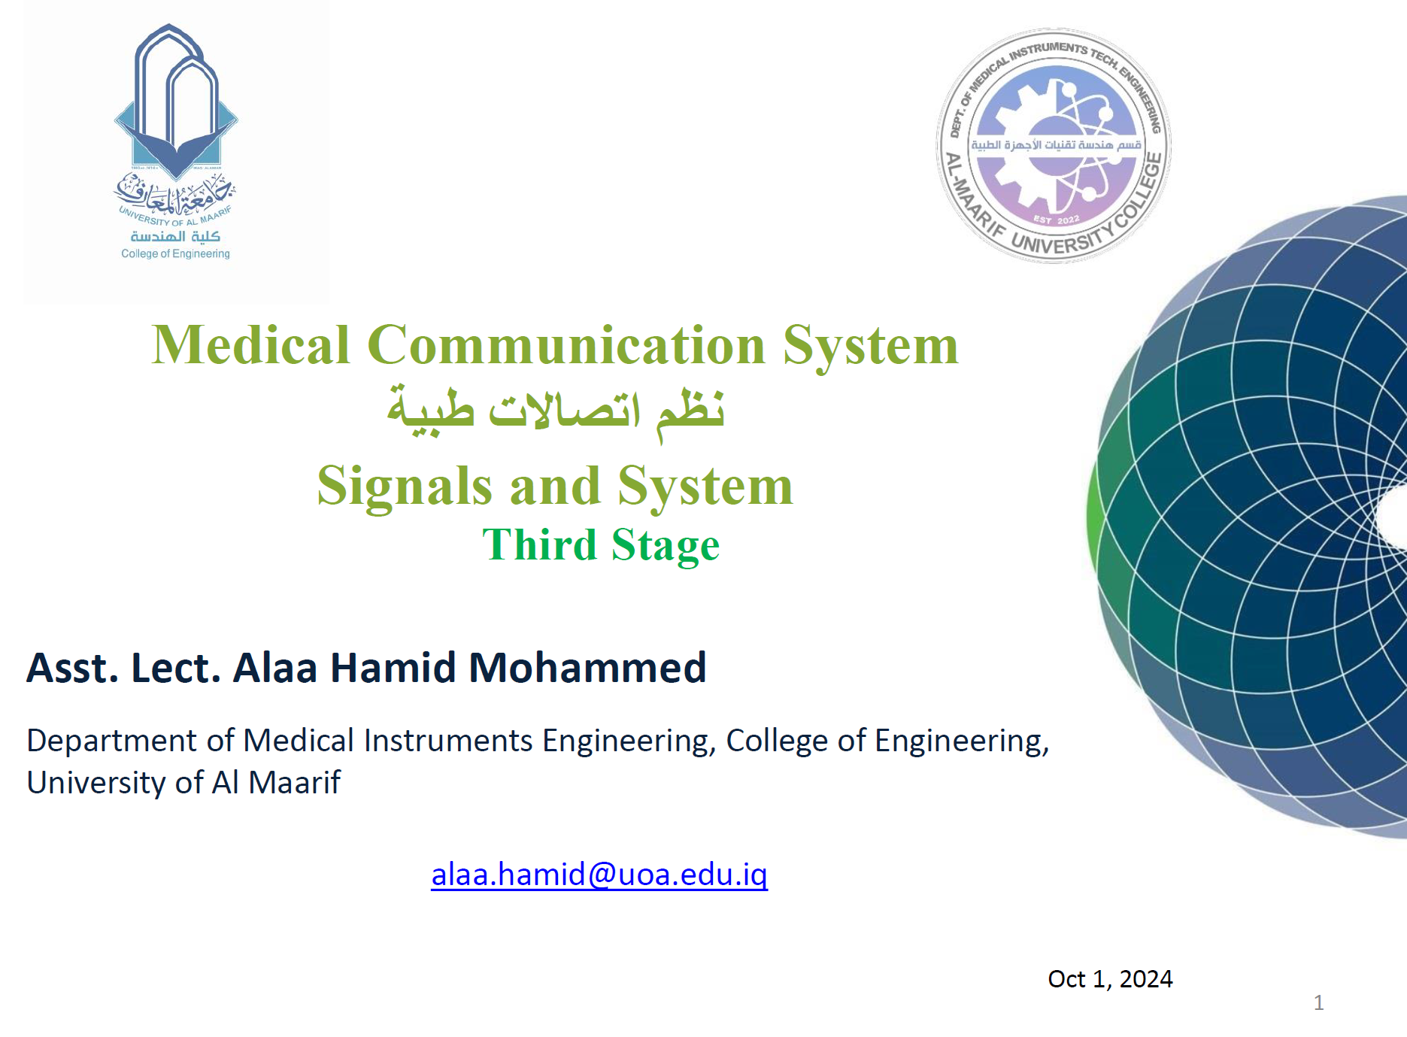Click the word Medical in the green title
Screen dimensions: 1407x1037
(x=250, y=345)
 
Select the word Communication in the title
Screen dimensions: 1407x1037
(x=566, y=345)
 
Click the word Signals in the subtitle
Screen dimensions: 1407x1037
(x=405, y=487)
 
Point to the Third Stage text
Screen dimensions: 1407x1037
(x=601, y=545)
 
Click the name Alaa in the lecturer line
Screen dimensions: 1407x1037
(x=275, y=668)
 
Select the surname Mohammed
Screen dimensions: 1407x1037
(x=587, y=668)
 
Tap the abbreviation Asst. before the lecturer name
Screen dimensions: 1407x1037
(x=73, y=668)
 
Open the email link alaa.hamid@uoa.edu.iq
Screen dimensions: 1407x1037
(x=599, y=875)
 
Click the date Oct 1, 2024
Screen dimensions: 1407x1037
(x=1110, y=979)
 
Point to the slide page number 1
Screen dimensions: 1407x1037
(x=1318, y=1002)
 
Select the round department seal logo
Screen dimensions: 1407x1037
(x=1054, y=146)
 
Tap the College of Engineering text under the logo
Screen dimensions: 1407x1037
(x=175, y=254)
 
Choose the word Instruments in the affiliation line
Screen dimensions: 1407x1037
(x=448, y=741)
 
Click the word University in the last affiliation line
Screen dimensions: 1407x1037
(x=96, y=784)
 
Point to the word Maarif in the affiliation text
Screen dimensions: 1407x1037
(x=294, y=783)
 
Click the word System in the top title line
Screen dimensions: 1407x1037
(x=871, y=347)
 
